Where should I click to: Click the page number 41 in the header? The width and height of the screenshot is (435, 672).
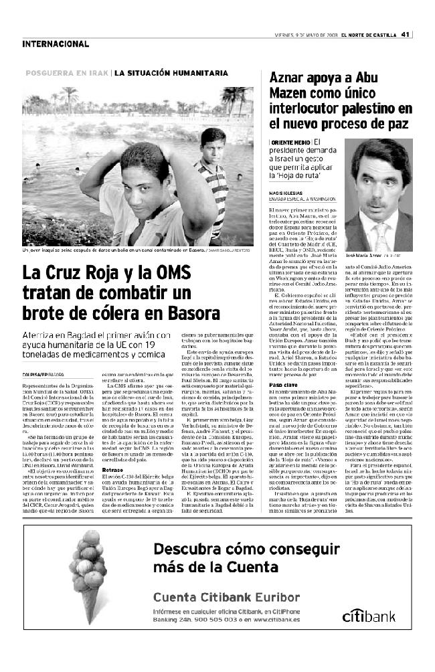click(406, 35)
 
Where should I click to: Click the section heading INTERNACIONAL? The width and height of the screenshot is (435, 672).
click(56, 44)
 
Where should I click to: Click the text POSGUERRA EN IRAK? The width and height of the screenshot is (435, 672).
click(68, 73)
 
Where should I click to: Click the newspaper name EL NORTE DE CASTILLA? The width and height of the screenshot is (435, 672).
click(369, 35)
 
